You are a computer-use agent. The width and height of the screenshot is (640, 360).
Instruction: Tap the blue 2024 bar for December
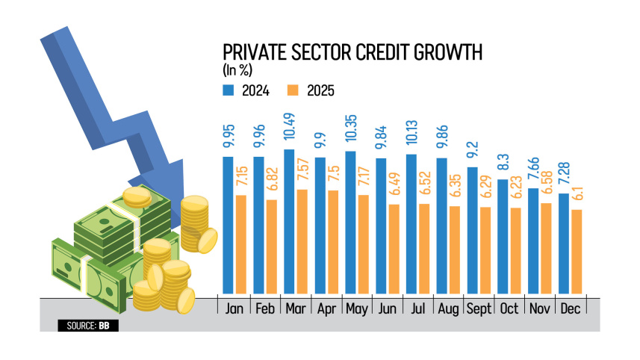[x=564, y=243]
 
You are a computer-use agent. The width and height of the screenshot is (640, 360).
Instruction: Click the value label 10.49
[x=290, y=128]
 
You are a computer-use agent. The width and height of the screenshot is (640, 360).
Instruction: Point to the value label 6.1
[x=576, y=195]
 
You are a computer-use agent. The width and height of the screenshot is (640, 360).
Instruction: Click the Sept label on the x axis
[x=477, y=307]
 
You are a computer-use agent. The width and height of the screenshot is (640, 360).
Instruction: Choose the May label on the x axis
[x=355, y=307]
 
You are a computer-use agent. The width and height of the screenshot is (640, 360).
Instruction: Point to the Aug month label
[x=447, y=307]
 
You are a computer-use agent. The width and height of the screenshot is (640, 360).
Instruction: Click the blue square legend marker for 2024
[x=228, y=90]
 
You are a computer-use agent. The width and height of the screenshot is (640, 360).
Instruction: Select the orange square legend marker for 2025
[x=293, y=90]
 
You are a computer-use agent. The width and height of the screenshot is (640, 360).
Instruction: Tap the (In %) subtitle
[x=239, y=71]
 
